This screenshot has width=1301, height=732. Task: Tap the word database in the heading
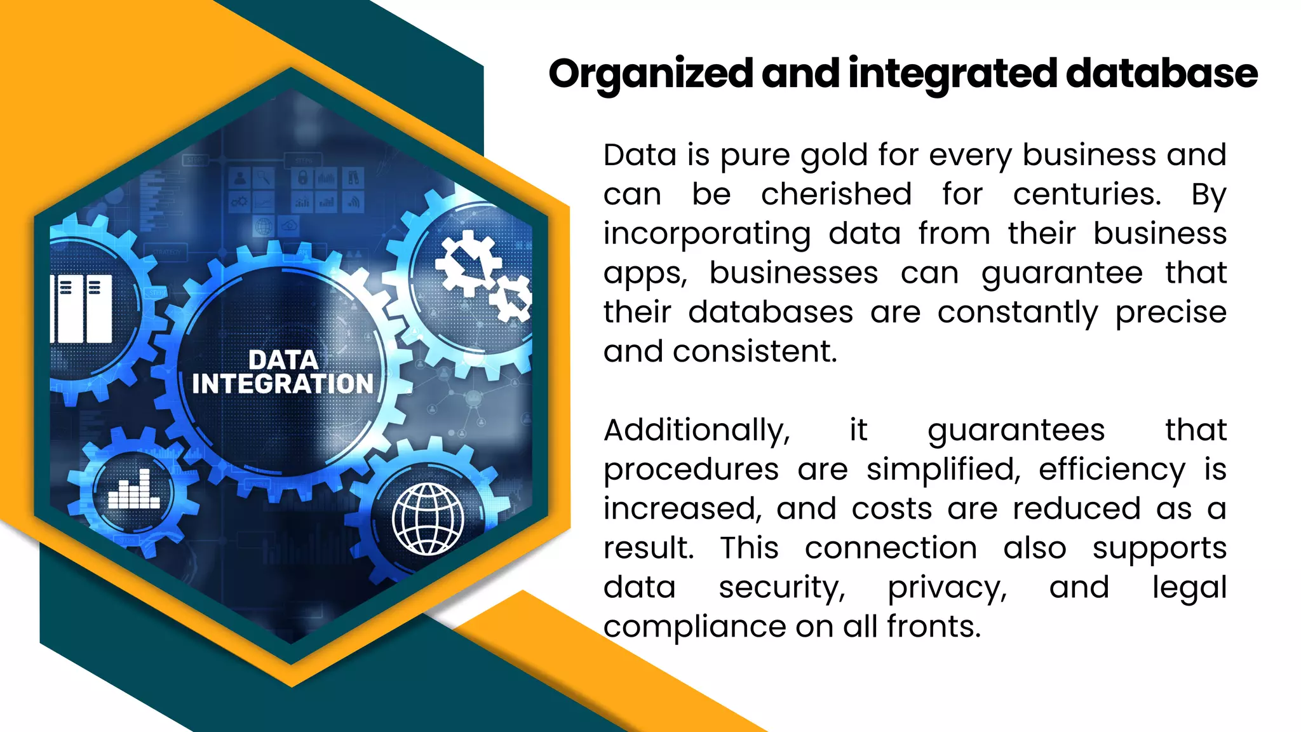pyautogui.click(x=1161, y=73)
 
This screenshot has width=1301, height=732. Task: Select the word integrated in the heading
pyautogui.click(x=953, y=74)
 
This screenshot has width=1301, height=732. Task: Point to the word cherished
pyautogui.click(x=836, y=194)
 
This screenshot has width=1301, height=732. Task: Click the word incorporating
pyautogui.click(x=707, y=234)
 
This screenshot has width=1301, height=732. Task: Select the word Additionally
pyautogui.click(x=697, y=431)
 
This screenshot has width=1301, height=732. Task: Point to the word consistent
pyautogui.click(x=755, y=351)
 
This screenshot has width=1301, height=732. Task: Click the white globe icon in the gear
pyautogui.click(x=428, y=518)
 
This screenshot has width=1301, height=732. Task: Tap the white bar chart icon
pyautogui.click(x=133, y=490)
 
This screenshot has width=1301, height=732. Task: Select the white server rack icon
pyautogui.click(x=81, y=309)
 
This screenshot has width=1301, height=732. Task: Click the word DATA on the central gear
pyautogui.click(x=283, y=360)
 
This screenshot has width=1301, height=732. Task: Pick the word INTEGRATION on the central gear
pyautogui.click(x=283, y=384)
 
